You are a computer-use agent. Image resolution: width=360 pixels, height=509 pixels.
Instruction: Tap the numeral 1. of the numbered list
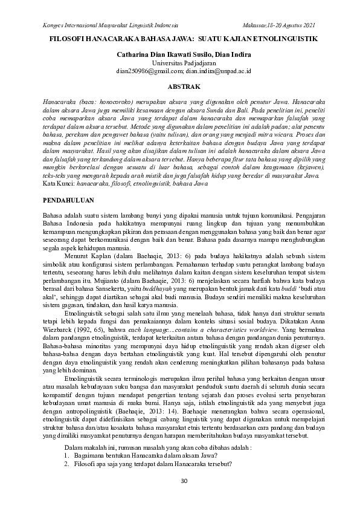click(67, 455)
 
